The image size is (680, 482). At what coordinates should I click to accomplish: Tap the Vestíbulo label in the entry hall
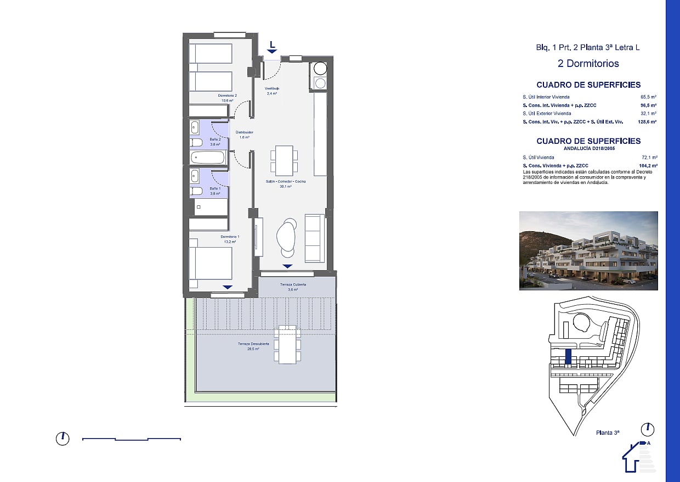point(272,91)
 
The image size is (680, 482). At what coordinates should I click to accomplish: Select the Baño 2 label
point(215,142)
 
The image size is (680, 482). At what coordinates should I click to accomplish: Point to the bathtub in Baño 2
point(208,158)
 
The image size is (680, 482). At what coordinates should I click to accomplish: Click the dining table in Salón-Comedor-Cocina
point(284,160)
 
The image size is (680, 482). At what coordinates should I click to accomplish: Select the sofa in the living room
point(314,238)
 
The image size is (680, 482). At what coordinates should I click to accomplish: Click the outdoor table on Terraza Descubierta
point(287,344)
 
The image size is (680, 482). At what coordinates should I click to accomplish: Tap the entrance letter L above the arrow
point(273,43)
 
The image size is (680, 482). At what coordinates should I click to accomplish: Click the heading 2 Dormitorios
point(588,64)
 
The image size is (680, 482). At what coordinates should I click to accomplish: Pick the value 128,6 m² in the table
point(648,122)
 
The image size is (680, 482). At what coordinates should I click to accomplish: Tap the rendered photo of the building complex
point(588,251)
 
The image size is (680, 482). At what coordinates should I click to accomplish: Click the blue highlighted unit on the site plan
point(568,357)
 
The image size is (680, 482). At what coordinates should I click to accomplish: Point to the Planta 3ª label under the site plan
point(607,433)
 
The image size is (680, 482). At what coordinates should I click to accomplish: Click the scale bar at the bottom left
point(132,439)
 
